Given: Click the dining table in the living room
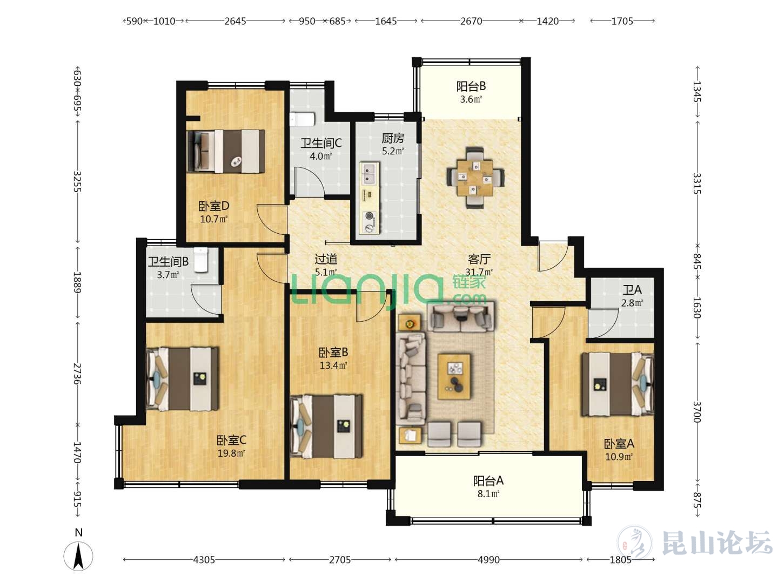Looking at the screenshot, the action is point(475,178).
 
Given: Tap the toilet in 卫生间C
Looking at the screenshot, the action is point(302,119).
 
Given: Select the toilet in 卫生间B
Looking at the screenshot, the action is point(201,260).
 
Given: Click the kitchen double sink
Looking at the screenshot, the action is point(369,173).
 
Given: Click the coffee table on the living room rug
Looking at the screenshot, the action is point(454,377).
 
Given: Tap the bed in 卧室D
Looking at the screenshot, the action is point(226,151).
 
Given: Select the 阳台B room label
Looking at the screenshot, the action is point(471,86).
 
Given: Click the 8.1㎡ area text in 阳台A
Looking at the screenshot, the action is point(488,494).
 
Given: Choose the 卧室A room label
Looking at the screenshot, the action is point(619,444).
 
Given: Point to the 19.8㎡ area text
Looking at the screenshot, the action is point(231,453).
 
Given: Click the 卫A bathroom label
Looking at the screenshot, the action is point(632,290).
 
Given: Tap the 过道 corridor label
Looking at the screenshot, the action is point(326,260).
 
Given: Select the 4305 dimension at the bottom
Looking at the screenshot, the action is point(204,560).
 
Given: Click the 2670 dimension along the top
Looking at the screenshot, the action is point(471,21).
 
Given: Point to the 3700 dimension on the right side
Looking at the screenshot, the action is point(697,412).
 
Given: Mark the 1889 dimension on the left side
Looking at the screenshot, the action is point(77,282).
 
